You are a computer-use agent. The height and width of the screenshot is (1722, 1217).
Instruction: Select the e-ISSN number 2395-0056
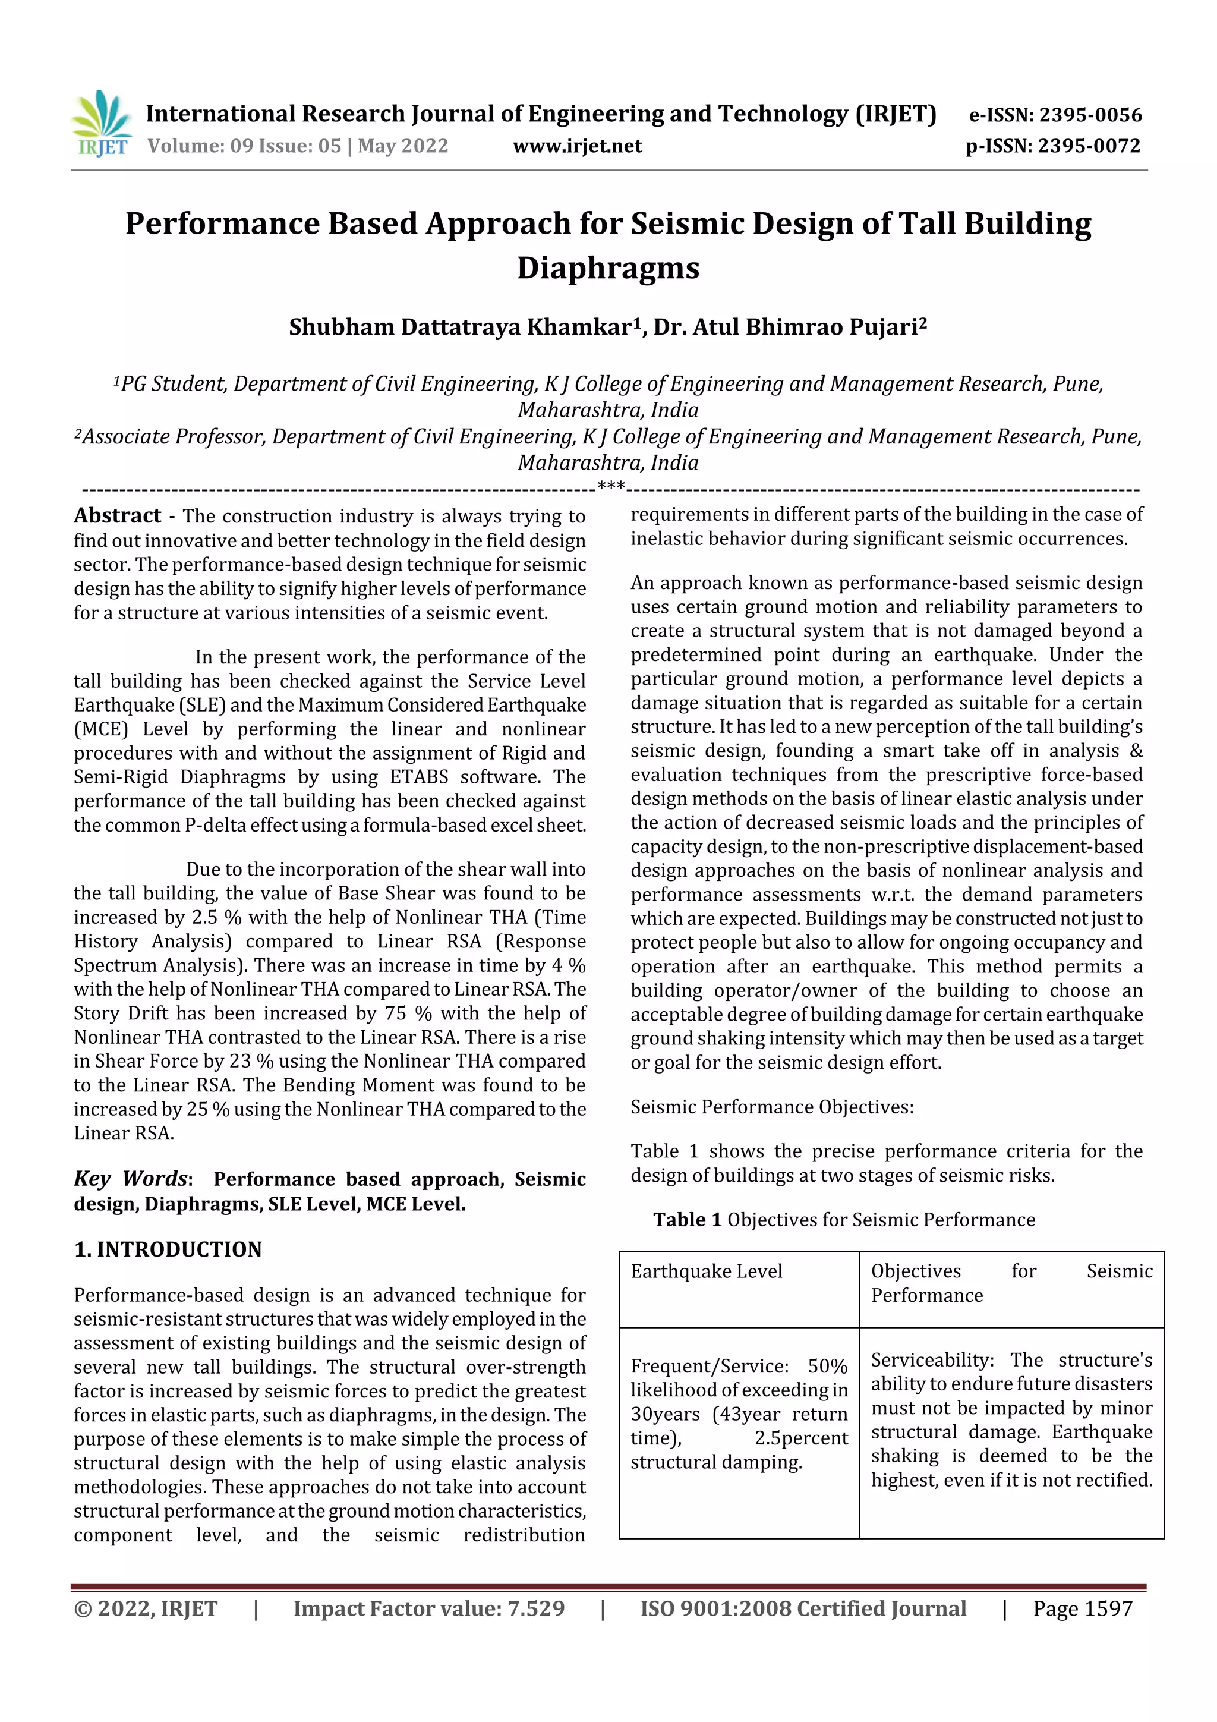1089,115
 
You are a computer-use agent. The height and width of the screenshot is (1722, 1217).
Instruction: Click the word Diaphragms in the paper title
607,267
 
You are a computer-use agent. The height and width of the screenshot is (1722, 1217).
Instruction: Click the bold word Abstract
117,516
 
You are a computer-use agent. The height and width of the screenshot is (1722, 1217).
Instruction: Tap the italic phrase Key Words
130,1178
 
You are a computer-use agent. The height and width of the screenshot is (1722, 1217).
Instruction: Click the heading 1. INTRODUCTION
168,1249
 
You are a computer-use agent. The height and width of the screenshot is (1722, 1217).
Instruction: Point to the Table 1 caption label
687,1220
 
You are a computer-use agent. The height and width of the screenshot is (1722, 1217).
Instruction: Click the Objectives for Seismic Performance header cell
1010,1283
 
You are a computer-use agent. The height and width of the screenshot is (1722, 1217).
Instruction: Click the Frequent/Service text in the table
708,1366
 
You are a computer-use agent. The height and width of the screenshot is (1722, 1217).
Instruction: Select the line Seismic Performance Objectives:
771,1107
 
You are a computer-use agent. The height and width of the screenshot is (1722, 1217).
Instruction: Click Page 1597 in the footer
1082,1608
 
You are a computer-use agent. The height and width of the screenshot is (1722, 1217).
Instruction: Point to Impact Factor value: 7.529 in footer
428,1608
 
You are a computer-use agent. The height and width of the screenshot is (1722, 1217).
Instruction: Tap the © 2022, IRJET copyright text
146,1608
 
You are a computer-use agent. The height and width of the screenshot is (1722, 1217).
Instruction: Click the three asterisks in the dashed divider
611,487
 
